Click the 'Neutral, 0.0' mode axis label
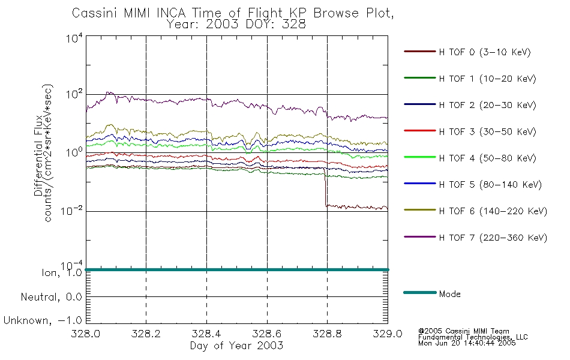[50, 296]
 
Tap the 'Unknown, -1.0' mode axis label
[43, 320]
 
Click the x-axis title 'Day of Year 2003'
[236, 346]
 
